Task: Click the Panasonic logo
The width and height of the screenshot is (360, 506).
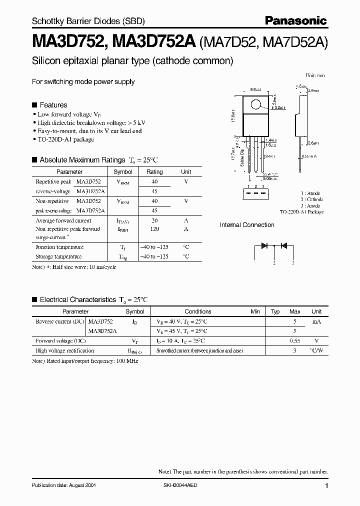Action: coord(295,20)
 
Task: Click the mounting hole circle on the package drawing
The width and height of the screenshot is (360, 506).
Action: coord(256,105)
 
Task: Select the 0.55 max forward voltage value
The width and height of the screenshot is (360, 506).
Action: coord(294,340)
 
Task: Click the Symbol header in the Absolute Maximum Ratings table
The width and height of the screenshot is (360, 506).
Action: coord(123,171)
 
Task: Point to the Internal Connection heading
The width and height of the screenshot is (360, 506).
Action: coord(247,225)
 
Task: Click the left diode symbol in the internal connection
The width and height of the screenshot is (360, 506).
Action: coord(264,245)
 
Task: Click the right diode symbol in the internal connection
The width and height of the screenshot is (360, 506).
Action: coord(283,245)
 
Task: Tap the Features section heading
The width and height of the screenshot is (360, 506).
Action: coord(53,105)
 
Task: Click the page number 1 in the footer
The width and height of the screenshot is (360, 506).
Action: coord(326,486)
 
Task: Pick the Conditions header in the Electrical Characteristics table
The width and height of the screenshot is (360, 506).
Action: coord(198,311)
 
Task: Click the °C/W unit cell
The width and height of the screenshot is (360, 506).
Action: coord(316,350)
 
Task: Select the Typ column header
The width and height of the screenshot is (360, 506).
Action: coord(275,311)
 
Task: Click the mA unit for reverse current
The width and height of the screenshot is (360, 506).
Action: coord(316,321)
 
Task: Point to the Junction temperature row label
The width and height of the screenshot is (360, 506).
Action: coord(59,247)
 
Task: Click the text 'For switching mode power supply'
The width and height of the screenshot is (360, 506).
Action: coord(83,81)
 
